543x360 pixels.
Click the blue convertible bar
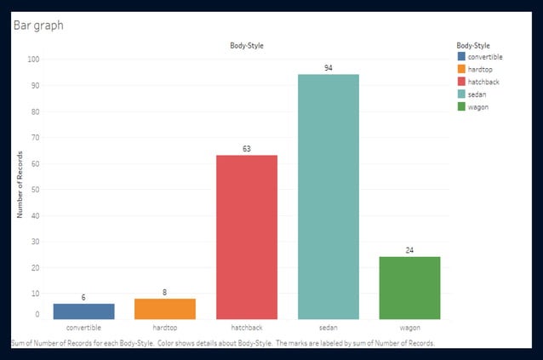83,311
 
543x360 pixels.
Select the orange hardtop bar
165,309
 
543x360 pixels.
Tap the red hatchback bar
247,237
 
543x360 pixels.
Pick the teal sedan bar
329,197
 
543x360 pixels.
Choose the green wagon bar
409,288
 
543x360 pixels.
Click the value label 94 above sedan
329,67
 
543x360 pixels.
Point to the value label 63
247,149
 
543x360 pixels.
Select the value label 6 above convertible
83,297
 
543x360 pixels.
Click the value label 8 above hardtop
165,292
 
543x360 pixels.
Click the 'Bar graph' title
37,26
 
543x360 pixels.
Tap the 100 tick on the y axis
33,60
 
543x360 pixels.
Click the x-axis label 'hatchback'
247,327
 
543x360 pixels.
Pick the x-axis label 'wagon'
409,327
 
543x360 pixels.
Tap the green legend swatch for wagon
462,106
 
